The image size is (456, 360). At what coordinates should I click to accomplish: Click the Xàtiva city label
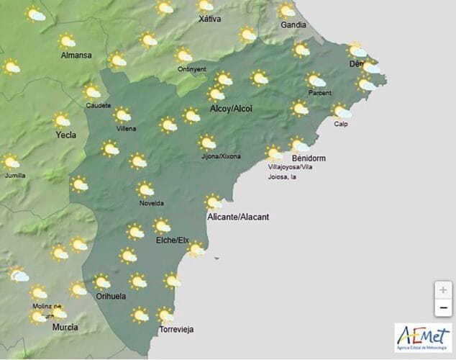(209, 19)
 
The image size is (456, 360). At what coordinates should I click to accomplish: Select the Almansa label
(76, 55)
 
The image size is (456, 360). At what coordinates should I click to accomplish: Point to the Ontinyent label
(191, 69)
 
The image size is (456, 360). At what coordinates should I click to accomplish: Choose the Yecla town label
(65, 135)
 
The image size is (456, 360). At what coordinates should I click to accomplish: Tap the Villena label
(126, 129)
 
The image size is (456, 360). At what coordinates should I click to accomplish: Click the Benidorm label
(310, 158)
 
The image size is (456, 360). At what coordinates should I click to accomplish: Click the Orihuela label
(110, 296)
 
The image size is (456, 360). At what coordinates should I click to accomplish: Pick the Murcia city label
(65, 328)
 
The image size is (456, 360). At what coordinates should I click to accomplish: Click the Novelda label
(151, 203)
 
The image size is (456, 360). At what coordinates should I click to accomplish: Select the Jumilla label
(14, 175)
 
